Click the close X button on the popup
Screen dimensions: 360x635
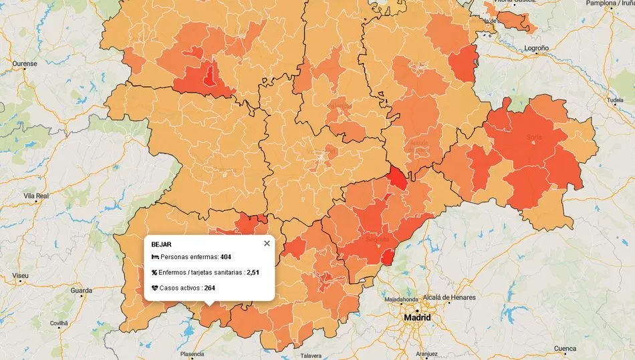267,243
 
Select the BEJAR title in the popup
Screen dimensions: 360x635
161,244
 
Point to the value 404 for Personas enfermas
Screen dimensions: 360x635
225,257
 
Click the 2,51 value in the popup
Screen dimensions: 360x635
252,273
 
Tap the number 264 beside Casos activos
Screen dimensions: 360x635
209,288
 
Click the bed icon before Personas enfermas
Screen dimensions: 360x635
155,257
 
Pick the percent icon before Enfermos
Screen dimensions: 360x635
155,273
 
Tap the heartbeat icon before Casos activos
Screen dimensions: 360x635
155,288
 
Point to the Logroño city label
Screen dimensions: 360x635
536,49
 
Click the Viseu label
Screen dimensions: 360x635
20,275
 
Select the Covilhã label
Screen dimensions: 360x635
59,323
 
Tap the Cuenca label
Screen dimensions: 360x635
565,348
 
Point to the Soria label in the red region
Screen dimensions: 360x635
534,138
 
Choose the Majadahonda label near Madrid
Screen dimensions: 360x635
402,300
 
